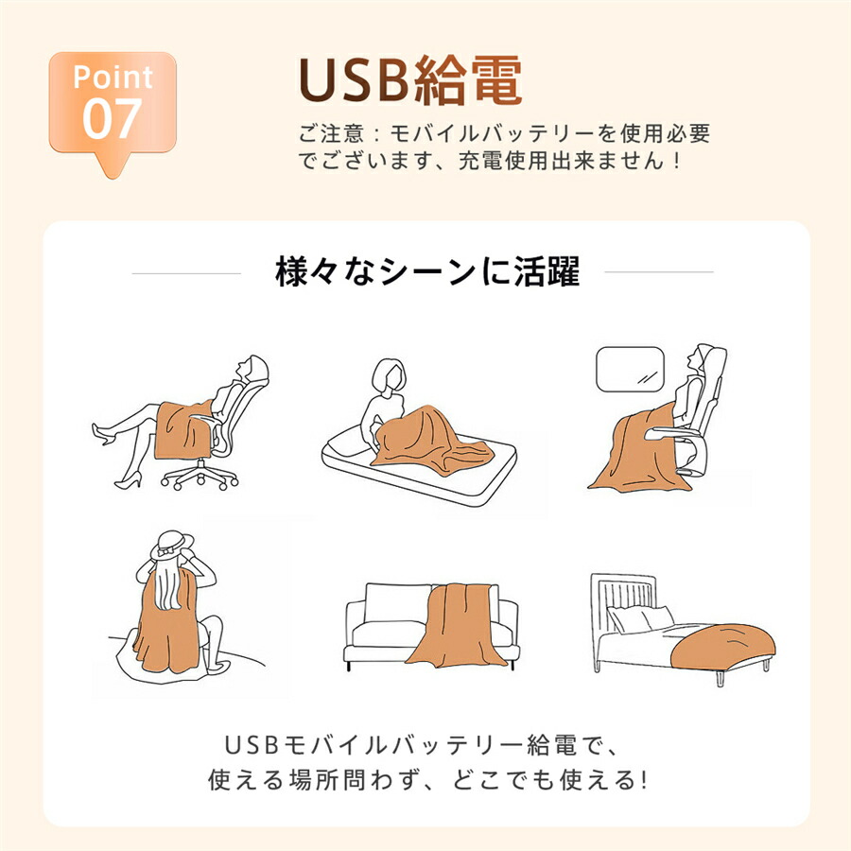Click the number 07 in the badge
tap(112, 118)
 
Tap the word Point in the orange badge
tap(113, 77)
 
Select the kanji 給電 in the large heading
tap(467, 80)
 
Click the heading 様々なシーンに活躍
tap(427, 271)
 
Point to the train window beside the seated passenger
tap(630, 369)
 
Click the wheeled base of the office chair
tap(200, 476)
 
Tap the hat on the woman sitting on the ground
tap(171, 545)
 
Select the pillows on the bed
tap(640, 618)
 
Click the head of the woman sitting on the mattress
tap(389, 374)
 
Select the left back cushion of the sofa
tap(398, 602)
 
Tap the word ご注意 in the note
tap(331, 133)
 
